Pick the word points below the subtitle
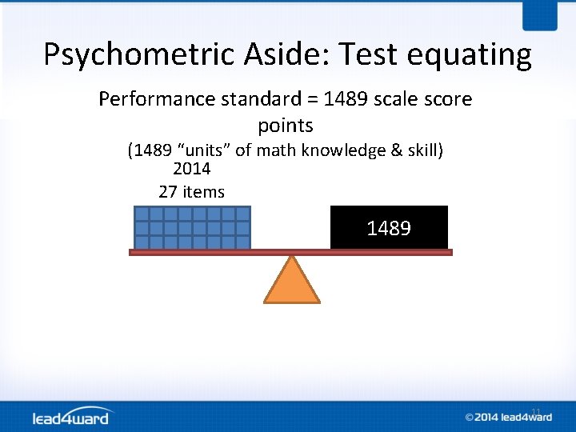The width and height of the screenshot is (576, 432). coord(286,126)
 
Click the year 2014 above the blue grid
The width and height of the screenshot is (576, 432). coord(191,169)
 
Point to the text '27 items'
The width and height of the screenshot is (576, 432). coord(192,192)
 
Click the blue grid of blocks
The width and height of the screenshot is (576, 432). coord(192,227)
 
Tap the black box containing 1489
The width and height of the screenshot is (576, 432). coord(389,228)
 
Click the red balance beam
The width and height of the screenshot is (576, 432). coord(290,252)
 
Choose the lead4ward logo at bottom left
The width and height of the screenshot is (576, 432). coord(73,417)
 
